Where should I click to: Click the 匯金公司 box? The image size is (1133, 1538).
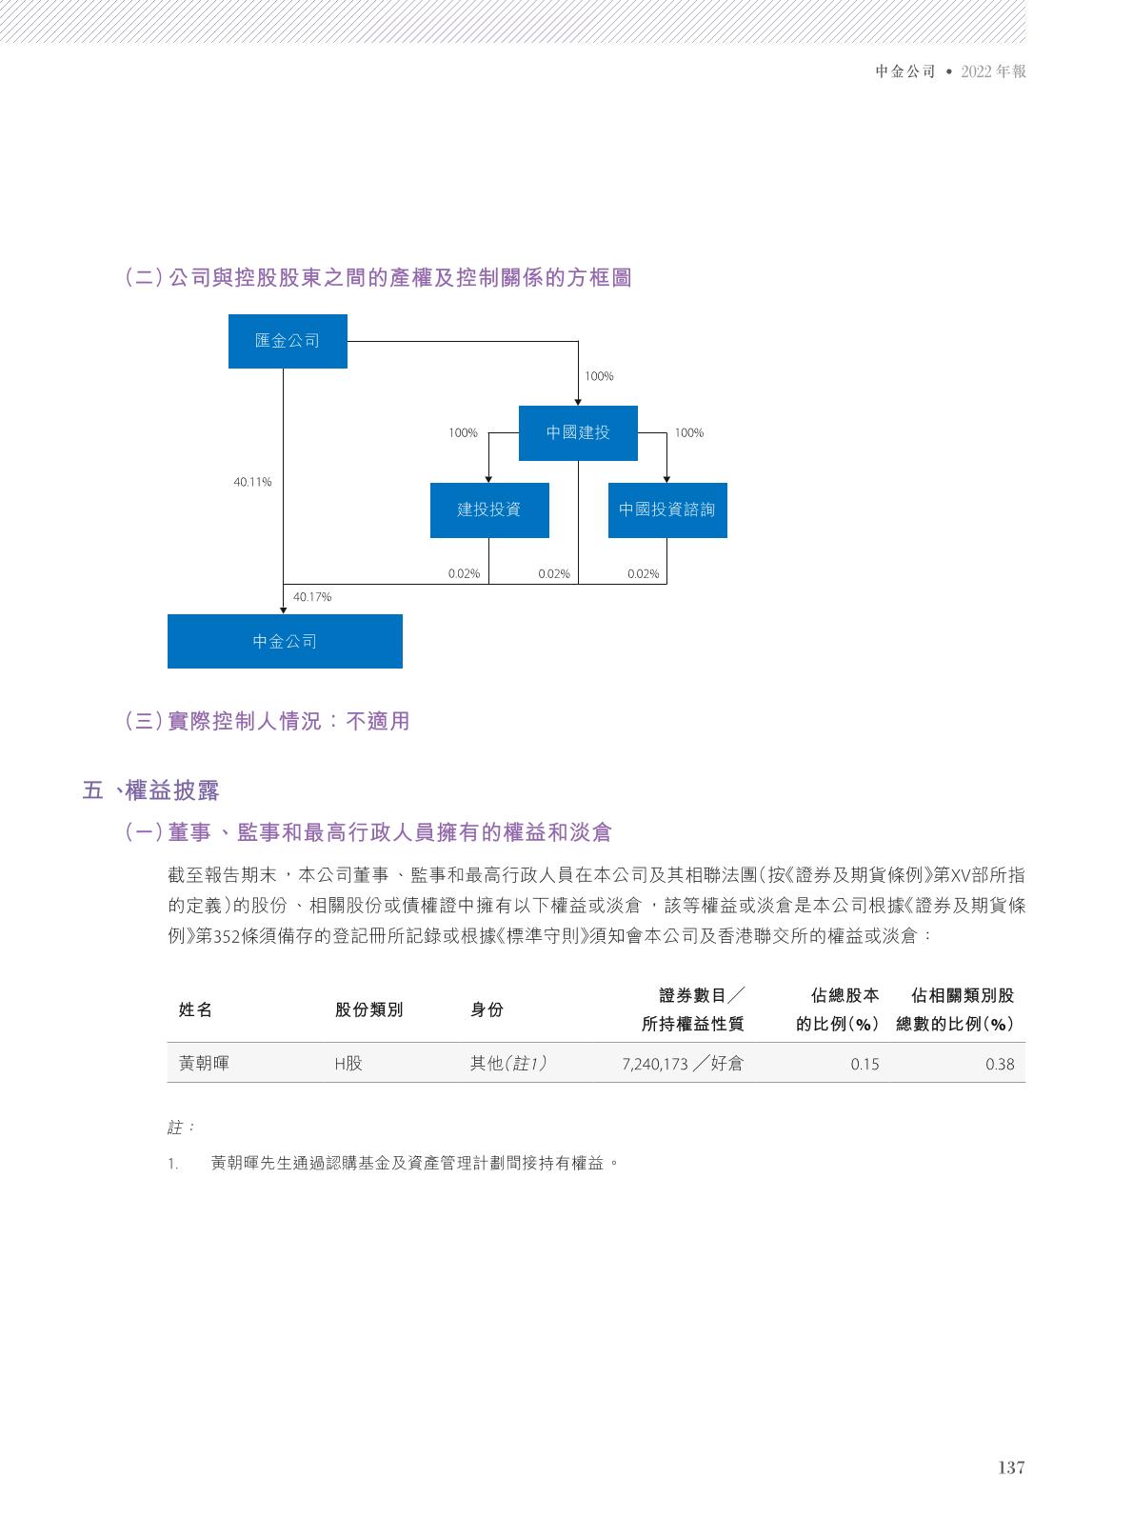[x=288, y=341]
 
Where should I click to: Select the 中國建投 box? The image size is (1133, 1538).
[x=578, y=433]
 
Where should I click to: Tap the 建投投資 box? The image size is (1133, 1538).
[x=488, y=509]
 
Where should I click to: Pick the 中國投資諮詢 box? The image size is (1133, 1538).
[x=666, y=509]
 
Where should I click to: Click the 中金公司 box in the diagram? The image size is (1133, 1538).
[x=285, y=641]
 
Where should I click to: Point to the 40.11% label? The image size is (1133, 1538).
[x=252, y=483]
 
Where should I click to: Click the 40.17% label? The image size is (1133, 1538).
[x=312, y=597]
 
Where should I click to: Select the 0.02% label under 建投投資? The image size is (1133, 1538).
[x=464, y=574]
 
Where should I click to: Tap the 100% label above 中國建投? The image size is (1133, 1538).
[x=599, y=377]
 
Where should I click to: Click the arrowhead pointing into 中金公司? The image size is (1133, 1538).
[x=284, y=609]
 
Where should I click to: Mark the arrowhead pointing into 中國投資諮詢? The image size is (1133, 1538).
[x=666, y=479]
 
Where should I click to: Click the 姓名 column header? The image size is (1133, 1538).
[x=196, y=1010]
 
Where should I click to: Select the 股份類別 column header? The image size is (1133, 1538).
[x=369, y=1010]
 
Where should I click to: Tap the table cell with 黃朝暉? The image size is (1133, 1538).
[x=204, y=1064]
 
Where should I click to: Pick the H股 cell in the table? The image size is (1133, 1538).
[x=348, y=1064]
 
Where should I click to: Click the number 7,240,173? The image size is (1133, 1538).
[x=654, y=1065]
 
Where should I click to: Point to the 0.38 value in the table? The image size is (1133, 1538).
[x=1000, y=1065]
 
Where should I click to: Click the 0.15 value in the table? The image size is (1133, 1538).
[x=865, y=1065]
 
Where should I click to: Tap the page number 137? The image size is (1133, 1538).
[x=1011, y=1468]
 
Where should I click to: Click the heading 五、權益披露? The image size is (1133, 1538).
[x=151, y=790]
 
